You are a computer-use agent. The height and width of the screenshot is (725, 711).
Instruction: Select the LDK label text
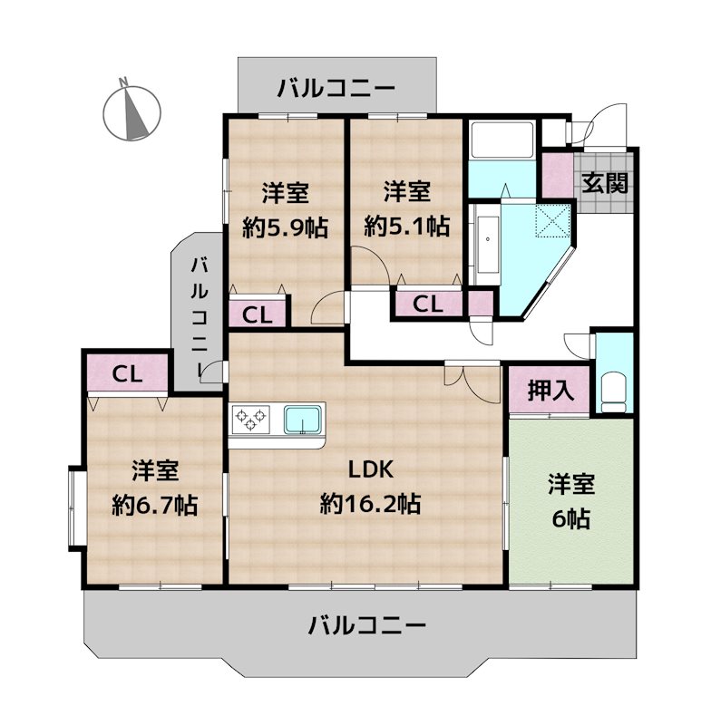(x=370, y=469)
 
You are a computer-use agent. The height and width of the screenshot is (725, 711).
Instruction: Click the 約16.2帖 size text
(x=370, y=502)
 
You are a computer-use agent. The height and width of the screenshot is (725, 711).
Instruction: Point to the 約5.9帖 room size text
(x=285, y=227)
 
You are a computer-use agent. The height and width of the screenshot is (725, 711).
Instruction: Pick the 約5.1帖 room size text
(x=406, y=227)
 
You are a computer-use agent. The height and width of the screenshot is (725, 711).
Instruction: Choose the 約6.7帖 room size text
(x=155, y=504)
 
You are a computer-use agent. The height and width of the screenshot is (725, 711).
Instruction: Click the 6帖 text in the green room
(x=570, y=518)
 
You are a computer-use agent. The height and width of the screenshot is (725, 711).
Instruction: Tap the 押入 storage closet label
(x=550, y=391)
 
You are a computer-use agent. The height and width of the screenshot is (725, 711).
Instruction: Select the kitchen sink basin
(x=303, y=420)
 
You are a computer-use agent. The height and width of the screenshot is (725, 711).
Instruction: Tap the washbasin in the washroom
(x=485, y=240)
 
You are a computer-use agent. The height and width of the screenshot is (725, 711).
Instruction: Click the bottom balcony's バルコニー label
(x=366, y=624)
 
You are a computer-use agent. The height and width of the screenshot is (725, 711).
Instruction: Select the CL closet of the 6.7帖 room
(x=126, y=373)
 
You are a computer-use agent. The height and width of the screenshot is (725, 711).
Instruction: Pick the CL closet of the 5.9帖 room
(x=258, y=314)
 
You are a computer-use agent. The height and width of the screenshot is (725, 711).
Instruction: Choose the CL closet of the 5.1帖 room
(x=427, y=304)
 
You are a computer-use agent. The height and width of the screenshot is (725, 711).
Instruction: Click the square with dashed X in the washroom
(x=551, y=220)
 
